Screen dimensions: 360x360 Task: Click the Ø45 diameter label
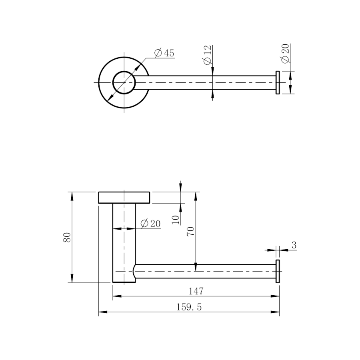tap(164, 53)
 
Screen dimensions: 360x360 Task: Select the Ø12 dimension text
tap(207, 55)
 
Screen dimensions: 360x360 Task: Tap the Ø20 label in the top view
tap(285, 53)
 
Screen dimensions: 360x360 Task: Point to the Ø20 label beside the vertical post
tap(150, 223)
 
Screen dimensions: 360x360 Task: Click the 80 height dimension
tap(67, 237)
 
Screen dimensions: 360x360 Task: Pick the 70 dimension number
tap(190, 232)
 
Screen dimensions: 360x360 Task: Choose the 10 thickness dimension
tap(176, 220)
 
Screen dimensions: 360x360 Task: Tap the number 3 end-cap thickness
tap(294, 245)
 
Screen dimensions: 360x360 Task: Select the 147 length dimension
tap(196, 291)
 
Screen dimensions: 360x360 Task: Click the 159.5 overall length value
tap(189, 307)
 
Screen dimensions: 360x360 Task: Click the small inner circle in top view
tap(124, 82)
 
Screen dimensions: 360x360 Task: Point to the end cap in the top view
tap(278, 82)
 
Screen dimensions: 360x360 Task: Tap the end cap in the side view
tap(278, 271)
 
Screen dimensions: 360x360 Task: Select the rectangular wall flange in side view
tap(124, 198)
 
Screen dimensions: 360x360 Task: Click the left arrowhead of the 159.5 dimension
tap(103, 312)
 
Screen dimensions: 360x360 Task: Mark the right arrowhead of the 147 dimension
tap(275, 296)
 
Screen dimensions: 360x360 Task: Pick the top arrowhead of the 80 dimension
tap(72, 196)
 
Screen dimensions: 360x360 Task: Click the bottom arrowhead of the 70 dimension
tap(196, 267)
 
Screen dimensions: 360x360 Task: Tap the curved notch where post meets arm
tap(134, 271)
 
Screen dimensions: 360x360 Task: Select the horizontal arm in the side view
tap(206, 271)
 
